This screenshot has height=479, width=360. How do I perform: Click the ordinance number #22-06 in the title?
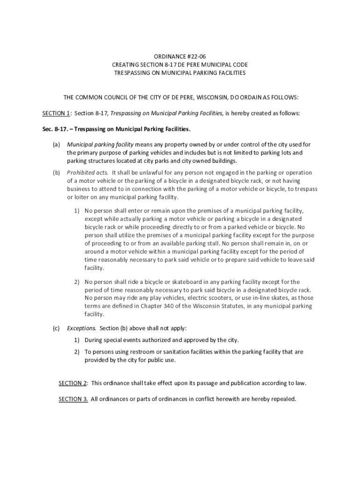[193, 56]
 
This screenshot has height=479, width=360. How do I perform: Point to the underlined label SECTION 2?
[72, 383]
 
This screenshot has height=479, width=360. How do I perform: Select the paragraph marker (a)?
[56, 145]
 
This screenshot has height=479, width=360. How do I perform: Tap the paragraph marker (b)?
[56, 173]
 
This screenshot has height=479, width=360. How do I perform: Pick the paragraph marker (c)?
[56, 328]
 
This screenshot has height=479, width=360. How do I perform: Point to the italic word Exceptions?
[82, 328]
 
